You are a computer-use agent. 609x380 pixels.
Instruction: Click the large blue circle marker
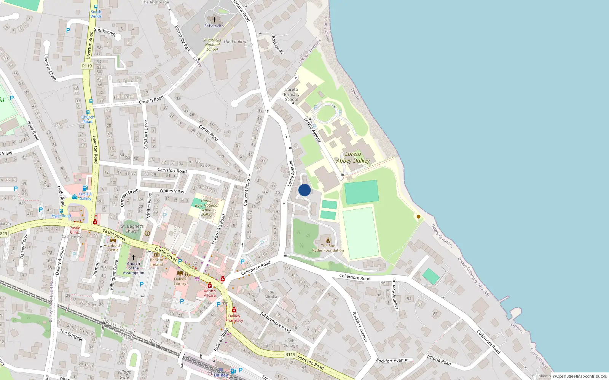click(304, 190)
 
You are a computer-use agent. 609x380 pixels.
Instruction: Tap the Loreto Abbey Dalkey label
click(353, 157)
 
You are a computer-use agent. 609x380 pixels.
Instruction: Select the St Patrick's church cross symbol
click(214, 19)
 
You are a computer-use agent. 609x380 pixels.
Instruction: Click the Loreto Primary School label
click(292, 95)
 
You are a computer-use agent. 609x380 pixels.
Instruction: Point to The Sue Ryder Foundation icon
click(328, 240)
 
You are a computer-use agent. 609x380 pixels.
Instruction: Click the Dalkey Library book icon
click(180, 273)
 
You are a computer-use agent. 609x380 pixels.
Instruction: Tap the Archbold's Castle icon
click(113, 240)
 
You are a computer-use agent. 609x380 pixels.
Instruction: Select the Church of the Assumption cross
click(134, 258)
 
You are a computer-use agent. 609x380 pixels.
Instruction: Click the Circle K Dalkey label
click(85, 196)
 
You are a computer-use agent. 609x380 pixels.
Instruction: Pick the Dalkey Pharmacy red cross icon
click(234, 310)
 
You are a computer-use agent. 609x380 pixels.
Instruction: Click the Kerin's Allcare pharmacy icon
click(209, 285)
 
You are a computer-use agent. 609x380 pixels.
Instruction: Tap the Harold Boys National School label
click(207, 207)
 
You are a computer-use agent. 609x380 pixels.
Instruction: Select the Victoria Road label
click(438, 360)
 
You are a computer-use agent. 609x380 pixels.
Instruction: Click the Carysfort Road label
click(172, 171)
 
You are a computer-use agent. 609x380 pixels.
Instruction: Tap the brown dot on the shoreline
click(419, 217)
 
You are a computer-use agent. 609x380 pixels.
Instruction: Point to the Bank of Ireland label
click(156, 262)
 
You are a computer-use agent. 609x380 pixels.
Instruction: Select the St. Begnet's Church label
click(132, 229)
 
